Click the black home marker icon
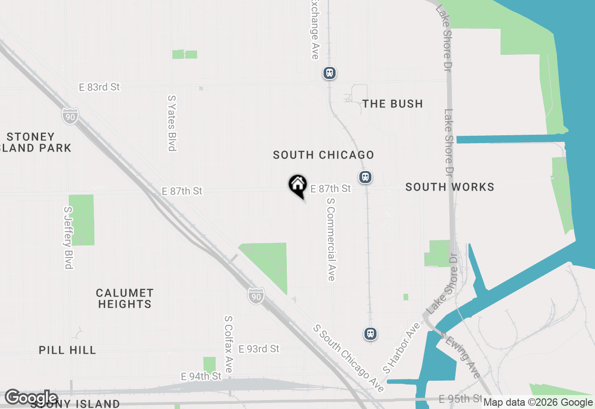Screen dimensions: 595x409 (297, 185)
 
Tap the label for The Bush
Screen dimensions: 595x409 (393, 104)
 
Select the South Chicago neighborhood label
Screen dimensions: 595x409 (324, 155)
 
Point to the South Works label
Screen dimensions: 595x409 (450, 187)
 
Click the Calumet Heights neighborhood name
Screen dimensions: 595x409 (125, 298)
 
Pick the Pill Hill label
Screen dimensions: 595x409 (67, 350)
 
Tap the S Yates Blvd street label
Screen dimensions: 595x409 (172, 123)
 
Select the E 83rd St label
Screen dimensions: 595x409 (99, 87)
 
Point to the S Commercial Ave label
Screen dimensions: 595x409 (331, 239)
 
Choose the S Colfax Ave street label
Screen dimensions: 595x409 (228, 344)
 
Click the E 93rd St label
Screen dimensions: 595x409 (259, 349)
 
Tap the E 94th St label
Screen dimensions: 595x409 (201, 376)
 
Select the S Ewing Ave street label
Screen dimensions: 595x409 (460, 356)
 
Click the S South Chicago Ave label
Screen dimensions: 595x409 (349, 358)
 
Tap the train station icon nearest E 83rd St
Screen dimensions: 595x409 (330, 73)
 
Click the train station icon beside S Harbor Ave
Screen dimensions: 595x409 (370, 333)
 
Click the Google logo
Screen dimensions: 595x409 (32, 398)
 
